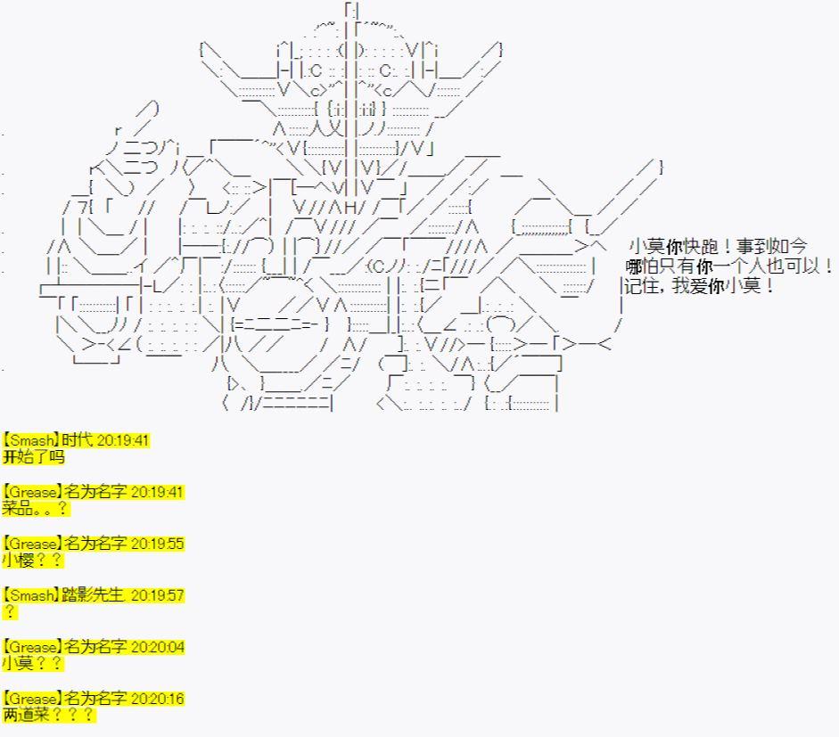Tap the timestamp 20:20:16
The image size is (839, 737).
coord(157,699)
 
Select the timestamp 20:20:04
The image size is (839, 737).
coord(157,647)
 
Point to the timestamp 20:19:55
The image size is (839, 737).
coord(157,544)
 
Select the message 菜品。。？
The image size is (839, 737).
coord(36,509)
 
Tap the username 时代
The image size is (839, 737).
coord(78,440)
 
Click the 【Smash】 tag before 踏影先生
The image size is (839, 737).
coord(31,595)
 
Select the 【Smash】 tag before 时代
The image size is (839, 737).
coord(31,440)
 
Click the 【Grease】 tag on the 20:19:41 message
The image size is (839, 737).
coord(32,492)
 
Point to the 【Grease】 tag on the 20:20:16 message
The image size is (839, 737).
coord(32,699)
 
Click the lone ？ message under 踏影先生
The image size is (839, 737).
coord(9,612)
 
